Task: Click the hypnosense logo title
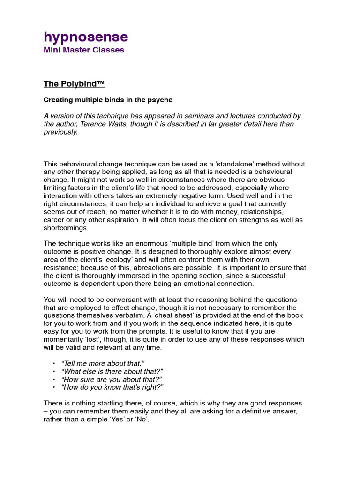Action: coord(86,37)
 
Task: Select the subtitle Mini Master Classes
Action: coord(84,50)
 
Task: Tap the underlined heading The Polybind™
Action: coord(74,84)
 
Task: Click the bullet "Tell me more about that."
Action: coord(103,363)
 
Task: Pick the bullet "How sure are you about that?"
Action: coord(107,379)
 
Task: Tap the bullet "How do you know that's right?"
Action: coord(112,387)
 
